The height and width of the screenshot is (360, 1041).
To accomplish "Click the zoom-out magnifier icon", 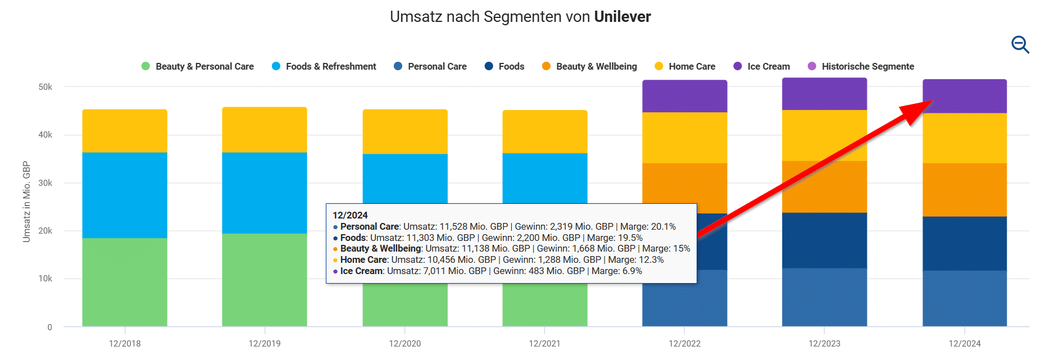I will point(1020,44).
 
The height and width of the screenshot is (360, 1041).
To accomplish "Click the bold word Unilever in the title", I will point(622,17).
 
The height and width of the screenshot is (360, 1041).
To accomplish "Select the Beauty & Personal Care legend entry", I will point(198,66).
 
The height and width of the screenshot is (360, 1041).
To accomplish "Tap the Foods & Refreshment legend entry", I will point(324,66).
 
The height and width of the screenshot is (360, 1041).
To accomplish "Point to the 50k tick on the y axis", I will point(46,87).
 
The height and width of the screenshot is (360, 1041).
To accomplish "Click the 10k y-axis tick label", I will point(46,279).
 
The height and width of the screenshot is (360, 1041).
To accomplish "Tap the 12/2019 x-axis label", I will point(265,343).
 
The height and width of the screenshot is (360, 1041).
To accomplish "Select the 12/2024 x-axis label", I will point(965,343).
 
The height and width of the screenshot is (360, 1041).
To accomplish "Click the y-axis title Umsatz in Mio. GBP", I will point(26,202).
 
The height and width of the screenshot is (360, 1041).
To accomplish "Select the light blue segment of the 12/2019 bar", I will point(265,193).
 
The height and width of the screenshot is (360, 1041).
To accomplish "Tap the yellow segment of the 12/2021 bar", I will point(544,131).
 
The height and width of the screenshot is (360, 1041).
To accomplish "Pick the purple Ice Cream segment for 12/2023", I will point(824,94).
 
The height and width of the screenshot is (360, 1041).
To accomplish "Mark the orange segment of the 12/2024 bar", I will point(965,190).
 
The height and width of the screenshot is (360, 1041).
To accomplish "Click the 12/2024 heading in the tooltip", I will point(350,215).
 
